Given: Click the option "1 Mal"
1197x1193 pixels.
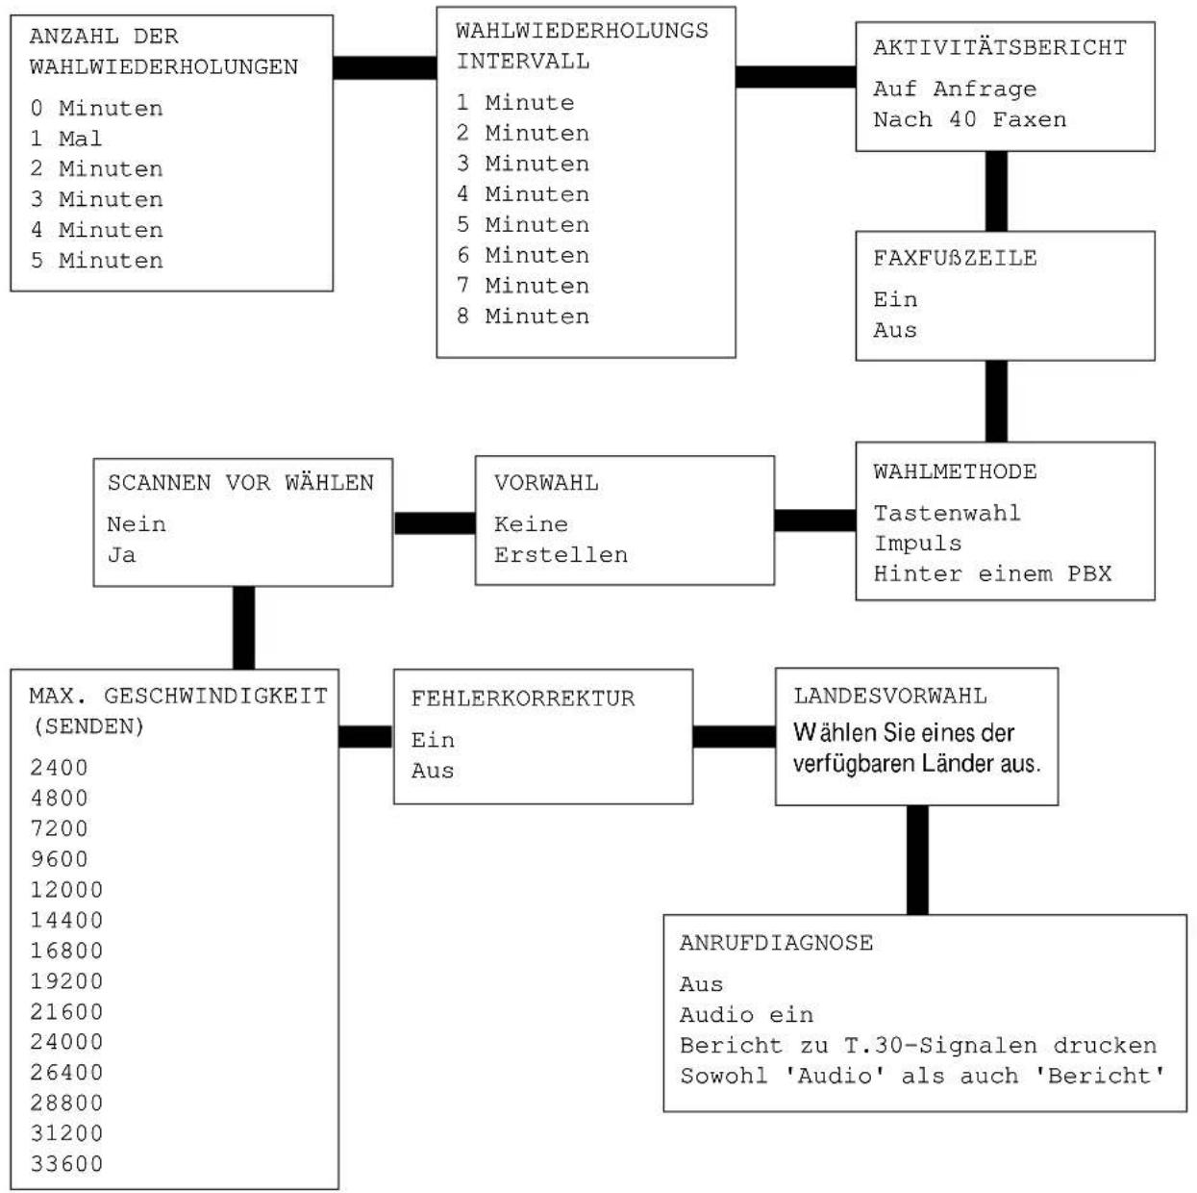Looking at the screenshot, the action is coord(65,139).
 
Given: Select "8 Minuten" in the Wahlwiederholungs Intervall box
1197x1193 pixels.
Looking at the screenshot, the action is coord(522,317).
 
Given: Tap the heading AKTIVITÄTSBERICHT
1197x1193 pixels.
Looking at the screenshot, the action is coord(1000,48).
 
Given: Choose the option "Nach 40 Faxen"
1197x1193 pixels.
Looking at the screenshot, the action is coord(970,119).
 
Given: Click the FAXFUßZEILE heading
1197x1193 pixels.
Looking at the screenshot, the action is coord(955,258).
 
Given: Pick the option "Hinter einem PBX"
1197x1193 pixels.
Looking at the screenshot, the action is coord(992,573).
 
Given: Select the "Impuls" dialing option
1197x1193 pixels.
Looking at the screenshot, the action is coord(917,544).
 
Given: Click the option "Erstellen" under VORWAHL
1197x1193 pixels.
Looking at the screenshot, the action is coord(561,554).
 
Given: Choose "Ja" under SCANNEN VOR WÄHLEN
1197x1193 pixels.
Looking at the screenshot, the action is coord(122,554).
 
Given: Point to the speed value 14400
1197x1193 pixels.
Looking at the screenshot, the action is coord(66,920).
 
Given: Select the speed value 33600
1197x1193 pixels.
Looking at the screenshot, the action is coord(66,1164).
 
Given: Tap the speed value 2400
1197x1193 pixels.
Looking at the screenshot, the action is coord(59,768).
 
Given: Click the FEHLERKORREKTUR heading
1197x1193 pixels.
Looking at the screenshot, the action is coord(523,698).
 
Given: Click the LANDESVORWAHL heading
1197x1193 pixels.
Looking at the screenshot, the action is coord(890,697).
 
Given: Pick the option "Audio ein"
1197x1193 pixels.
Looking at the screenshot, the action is coord(746,1015).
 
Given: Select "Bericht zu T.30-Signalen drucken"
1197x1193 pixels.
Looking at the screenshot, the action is coord(918,1046).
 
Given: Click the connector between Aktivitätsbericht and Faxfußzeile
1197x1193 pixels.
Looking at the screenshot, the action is coord(996,191).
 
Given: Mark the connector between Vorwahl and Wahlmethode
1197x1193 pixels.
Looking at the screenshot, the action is coord(815,520).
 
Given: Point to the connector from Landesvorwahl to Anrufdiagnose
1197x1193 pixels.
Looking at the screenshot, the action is coord(917,860).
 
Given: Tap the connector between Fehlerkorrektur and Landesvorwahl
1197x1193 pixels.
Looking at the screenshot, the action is coord(735,737).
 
